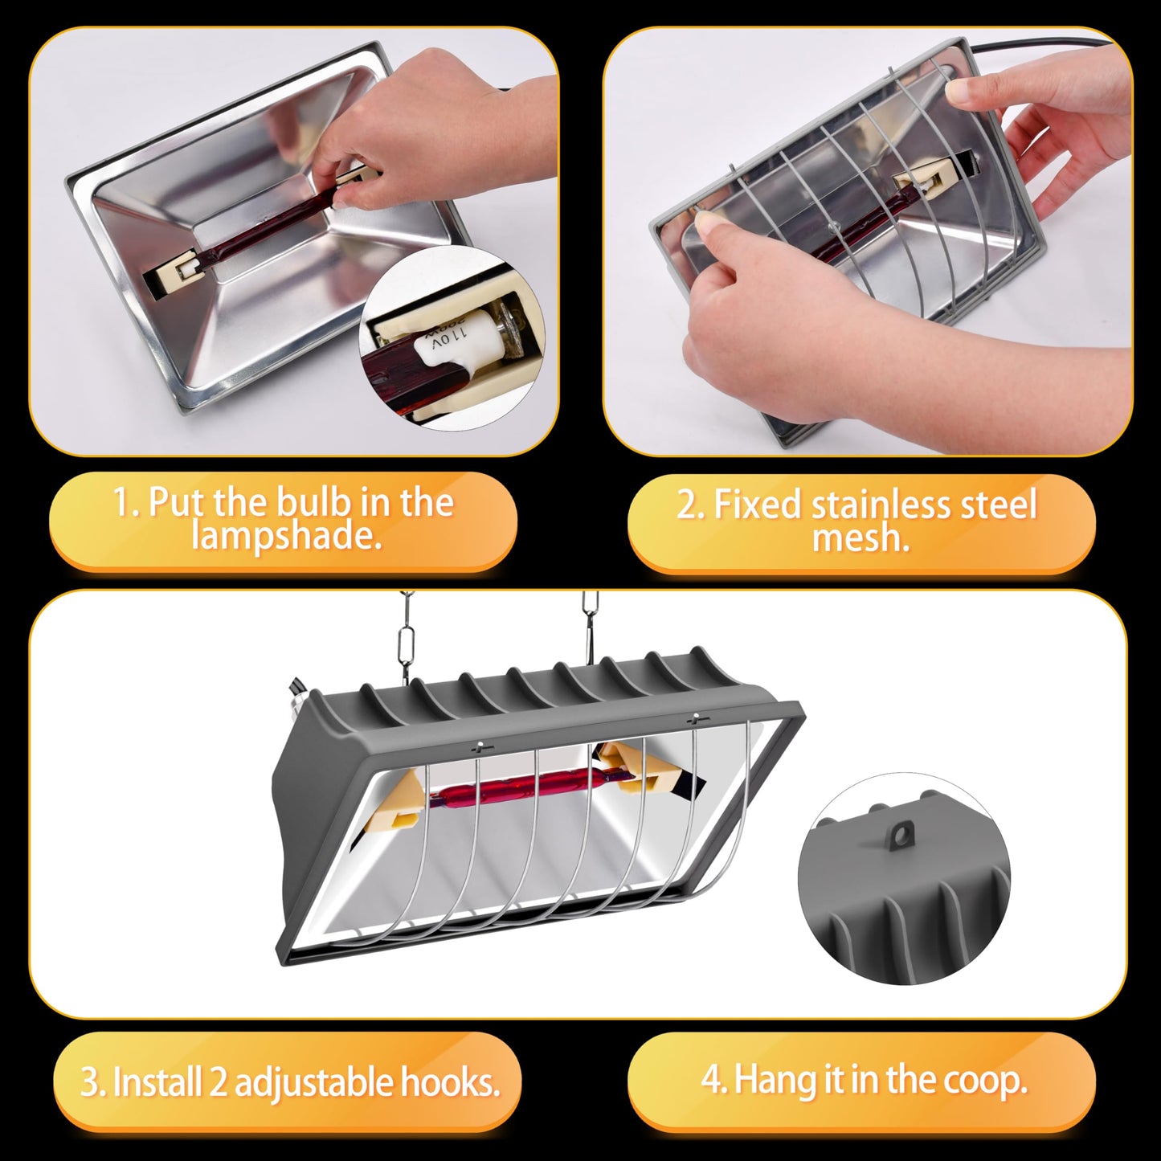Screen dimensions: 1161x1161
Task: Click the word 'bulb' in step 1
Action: point(312,502)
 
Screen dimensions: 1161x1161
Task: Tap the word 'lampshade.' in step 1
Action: point(287,535)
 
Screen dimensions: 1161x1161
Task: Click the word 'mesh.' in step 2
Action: point(861,538)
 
